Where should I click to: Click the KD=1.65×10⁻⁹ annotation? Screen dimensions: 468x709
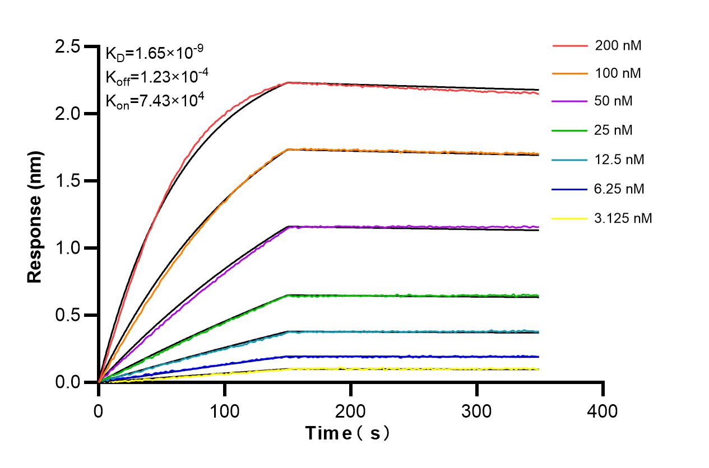(154, 53)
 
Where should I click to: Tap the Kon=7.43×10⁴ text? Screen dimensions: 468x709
(154, 101)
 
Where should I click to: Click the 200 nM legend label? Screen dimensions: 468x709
(618, 46)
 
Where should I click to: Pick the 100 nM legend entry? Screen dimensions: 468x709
(618, 73)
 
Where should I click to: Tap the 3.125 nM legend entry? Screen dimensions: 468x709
(623, 218)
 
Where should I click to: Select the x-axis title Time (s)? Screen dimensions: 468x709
(347, 433)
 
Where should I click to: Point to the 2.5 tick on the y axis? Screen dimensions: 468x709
(68, 46)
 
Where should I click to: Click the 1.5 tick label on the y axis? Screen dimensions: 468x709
(68, 181)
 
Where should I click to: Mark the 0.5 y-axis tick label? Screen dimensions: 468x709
(68, 315)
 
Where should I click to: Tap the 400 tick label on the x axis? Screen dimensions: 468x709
(603, 411)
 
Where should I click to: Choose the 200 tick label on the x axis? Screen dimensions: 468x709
(350, 411)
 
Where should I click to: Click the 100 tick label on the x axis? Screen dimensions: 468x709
(224, 411)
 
